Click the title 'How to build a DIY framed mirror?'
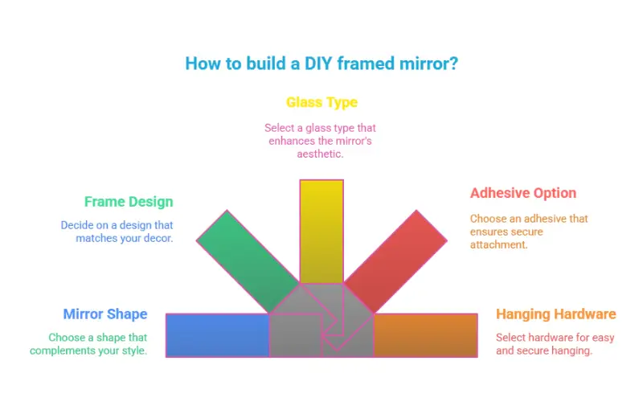coord(321,63)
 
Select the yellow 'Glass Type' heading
coord(321,102)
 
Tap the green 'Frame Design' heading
coord(129,202)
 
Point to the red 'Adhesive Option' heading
coord(523,193)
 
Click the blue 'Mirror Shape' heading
coord(105,314)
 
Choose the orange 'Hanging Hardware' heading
coord(556,314)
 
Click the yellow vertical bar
coord(321,229)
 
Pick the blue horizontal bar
coord(217,334)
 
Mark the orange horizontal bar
coord(426,334)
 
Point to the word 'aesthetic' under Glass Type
coord(321,154)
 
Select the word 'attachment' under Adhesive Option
coord(498,244)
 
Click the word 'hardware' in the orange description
coord(553,337)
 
